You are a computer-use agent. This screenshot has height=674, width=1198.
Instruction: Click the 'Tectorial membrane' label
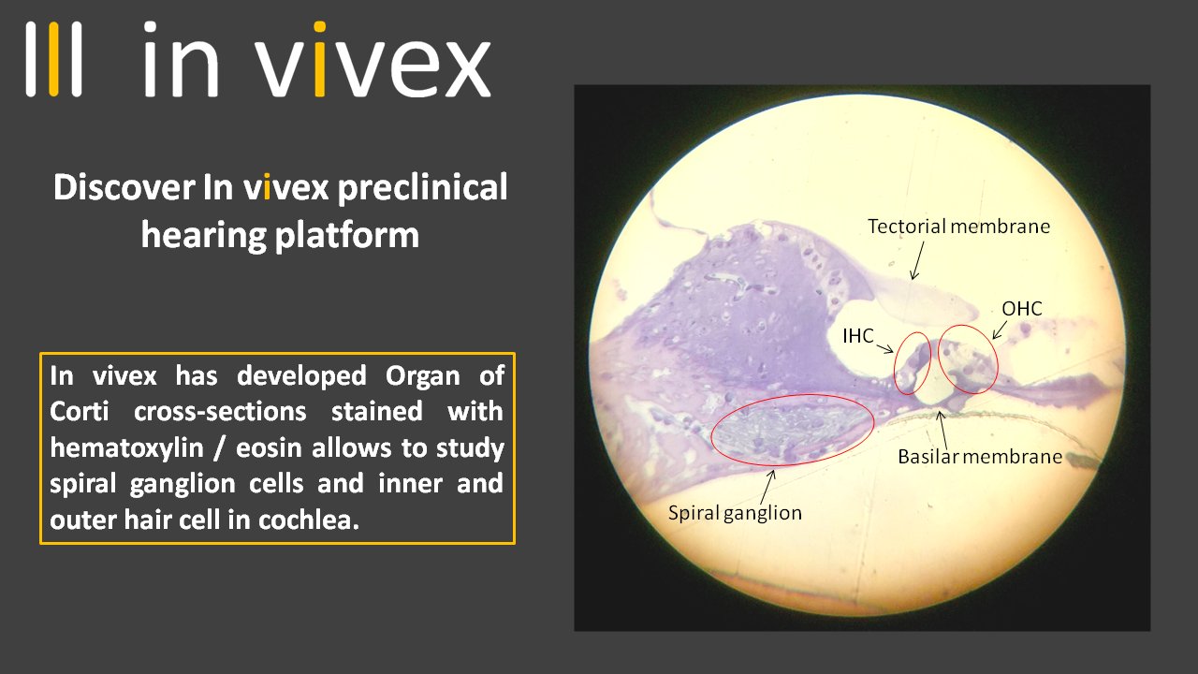tap(958, 227)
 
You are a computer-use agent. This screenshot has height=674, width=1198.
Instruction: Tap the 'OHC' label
tap(1021, 308)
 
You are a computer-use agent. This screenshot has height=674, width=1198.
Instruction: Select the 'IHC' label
tap(857, 336)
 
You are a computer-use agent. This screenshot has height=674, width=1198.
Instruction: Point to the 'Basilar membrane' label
tap(980, 457)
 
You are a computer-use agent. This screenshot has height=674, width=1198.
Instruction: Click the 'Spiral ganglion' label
tap(735, 512)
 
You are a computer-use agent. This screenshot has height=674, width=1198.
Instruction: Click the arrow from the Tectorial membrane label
tap(918, 258)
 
